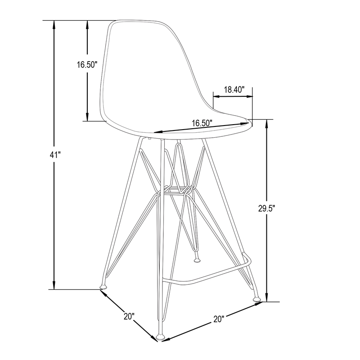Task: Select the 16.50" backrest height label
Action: click(87, 65)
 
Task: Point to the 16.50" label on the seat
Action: click(202, 122)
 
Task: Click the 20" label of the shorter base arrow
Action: click(129, 316)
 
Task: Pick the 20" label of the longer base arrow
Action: click(219, 319)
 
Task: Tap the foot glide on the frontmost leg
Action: click(161, 337)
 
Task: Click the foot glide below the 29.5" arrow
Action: click(257, 297)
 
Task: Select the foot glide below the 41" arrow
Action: click(103, 285)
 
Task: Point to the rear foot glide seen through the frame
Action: click(196, 260)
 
